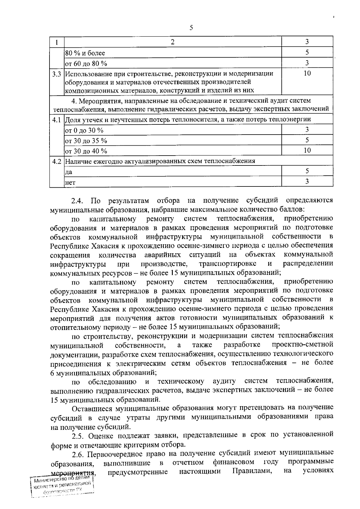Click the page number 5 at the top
pos(191,28)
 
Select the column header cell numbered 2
pos(172,42)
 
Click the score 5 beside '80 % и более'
pos(307,52)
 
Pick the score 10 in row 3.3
pos(307,73)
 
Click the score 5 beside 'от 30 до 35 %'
pos(307,140)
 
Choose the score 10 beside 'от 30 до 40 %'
pos(307,150)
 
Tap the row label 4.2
pos(57,161)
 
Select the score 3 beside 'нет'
pos(307,181)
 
